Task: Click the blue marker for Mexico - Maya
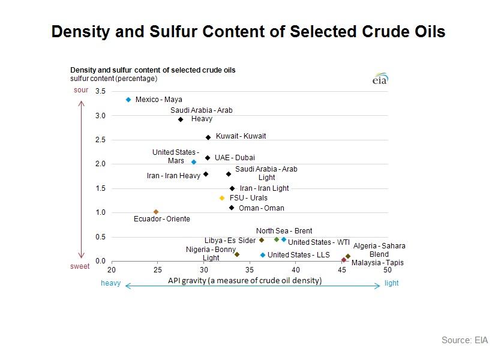pos(128,100)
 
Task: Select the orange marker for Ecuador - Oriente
pos(156,212)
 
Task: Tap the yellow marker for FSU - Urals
pos(222,198)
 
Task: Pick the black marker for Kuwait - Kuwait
pos(208,137)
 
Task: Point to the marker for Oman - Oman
pos(232,208)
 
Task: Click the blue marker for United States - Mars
pos(194,162)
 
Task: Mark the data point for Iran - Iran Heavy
pos(206,174)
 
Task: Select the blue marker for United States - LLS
pos(263,255)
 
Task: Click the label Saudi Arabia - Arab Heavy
pos(202,115)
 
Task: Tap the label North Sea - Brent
pos(284,231)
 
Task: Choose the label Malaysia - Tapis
pos(377,263)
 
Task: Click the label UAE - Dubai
pos(235,158)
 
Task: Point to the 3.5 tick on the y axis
pos(100,91)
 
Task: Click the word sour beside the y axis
pos(81,90)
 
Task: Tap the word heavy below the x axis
pos(110,284)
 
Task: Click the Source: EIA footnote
pos(464,340)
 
